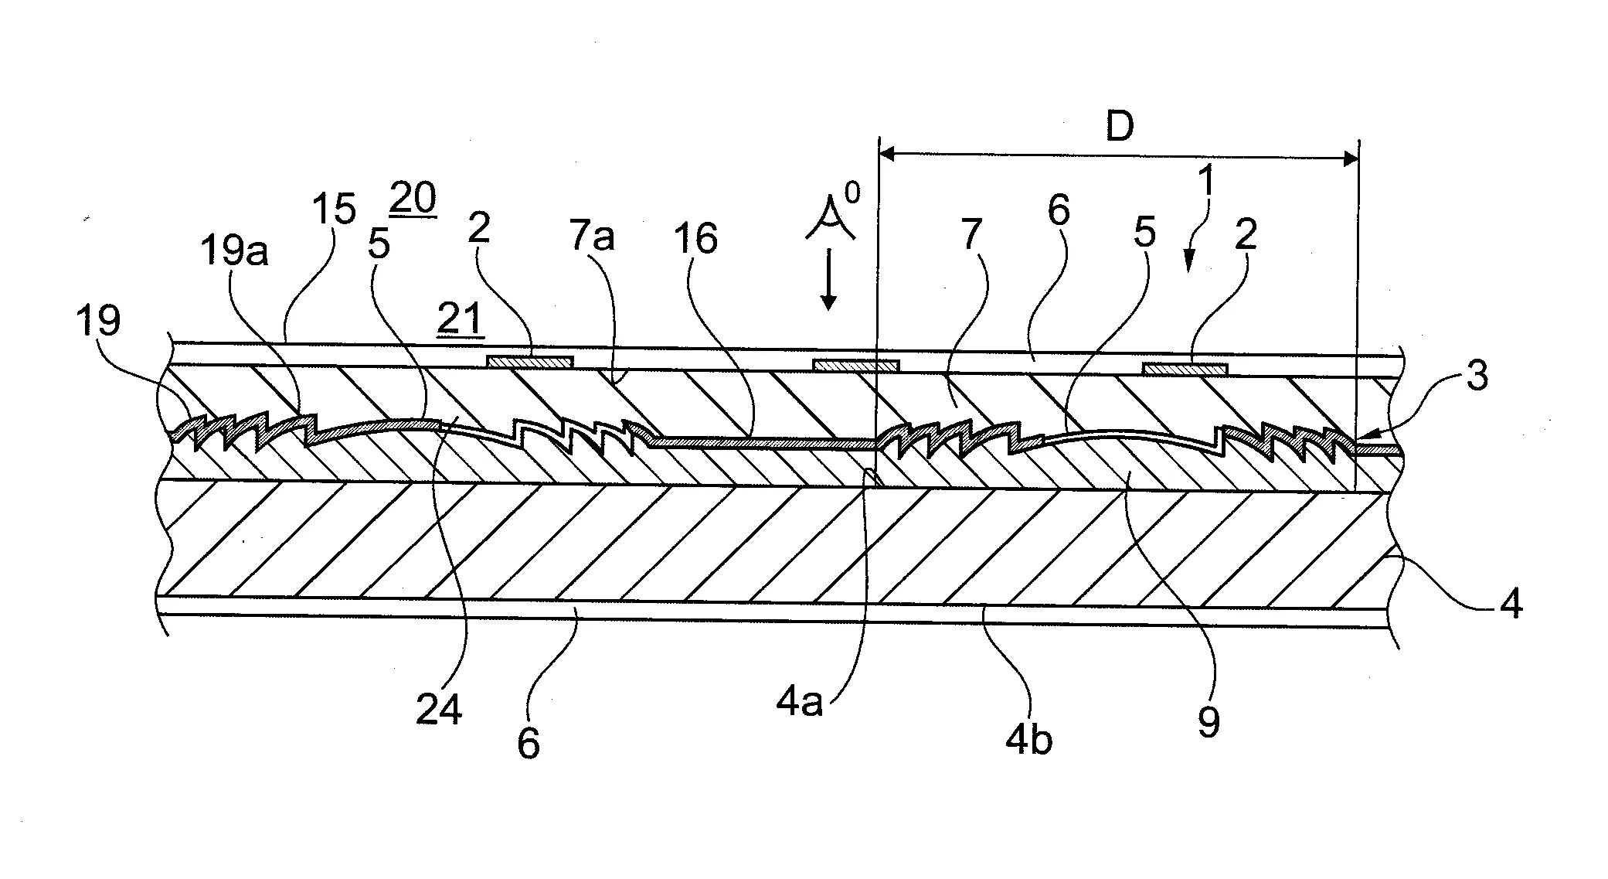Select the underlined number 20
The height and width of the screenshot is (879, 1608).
coord(413,199)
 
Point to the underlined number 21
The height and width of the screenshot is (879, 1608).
coord(460,319)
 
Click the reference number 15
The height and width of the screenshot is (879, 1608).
coord(334,210)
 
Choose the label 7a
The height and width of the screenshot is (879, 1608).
coord(592,235)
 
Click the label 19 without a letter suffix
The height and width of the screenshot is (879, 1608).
coord(99,319)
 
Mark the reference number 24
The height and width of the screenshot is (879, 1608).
coord(439,710)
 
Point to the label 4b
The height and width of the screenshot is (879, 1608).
coord(1028,739)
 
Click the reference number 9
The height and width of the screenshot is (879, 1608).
coord(1208,722)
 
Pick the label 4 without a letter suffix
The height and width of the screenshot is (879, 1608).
coord(1511,603)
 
